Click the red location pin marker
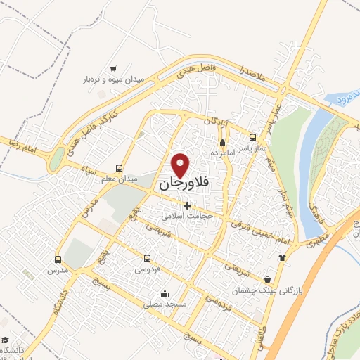point(181,165)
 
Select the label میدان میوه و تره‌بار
point(112,79)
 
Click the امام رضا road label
point(22,145)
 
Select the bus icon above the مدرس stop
point(58,259)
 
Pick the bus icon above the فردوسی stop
point(147,258)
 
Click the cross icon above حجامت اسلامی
point(187,205)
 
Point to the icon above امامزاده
point(222,143)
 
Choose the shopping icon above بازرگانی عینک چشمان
point(267,278)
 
